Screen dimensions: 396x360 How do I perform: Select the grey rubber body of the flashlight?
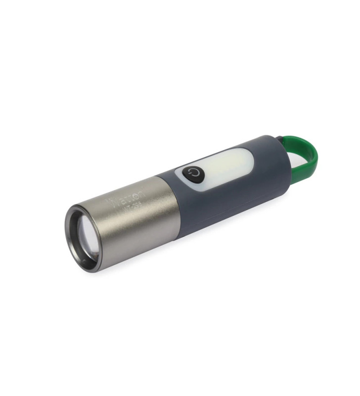click(x=223, y=198)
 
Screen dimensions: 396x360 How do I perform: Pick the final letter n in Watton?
click(x=142, y=190)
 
